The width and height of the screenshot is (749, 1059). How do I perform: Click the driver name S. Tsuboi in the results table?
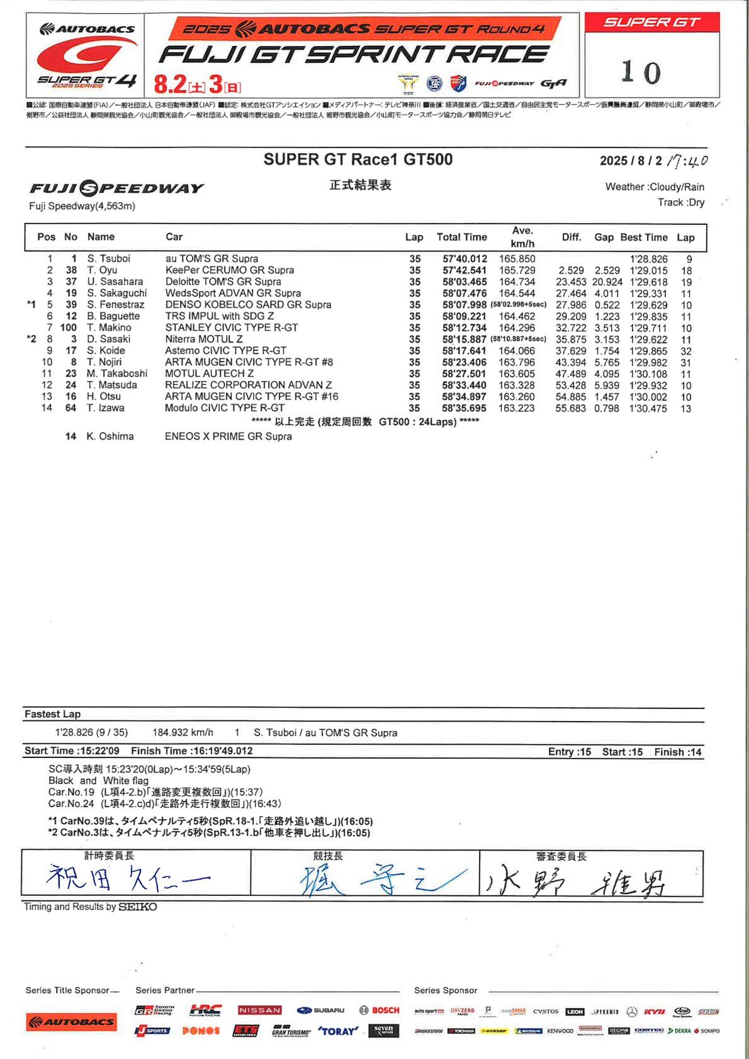tap(109, 259)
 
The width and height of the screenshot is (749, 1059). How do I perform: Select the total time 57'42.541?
tap(465, 270)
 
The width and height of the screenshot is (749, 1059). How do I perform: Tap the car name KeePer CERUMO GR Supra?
tap(230, 270)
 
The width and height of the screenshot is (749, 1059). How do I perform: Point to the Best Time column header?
tap(643, 237)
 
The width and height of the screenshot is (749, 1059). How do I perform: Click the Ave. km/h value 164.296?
tap(517, 327)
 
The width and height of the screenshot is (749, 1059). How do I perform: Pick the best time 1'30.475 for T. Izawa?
tap(648, 409)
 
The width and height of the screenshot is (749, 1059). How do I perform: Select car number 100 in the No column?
tap(69, 327)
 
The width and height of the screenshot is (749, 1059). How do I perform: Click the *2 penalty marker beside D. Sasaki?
tap(31, 339)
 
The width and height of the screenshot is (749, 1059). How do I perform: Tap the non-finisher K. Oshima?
tap(110, 436)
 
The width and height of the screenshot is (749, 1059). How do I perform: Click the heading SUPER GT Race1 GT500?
tap(358, 160)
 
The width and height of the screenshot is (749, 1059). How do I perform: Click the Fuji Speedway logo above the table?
tap(116, 188)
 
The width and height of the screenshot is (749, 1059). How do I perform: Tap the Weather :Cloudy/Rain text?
tap(655, 187)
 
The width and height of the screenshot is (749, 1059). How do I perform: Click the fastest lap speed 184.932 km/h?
tap(183, 733)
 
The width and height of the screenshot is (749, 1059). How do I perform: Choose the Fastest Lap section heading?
tap(52, 714)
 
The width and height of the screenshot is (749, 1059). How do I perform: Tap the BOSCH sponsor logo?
tap(380, 1011)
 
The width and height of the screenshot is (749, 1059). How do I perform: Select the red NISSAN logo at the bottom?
tap(259, 1011)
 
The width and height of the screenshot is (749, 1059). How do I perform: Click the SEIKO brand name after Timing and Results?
tap(138, 907)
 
